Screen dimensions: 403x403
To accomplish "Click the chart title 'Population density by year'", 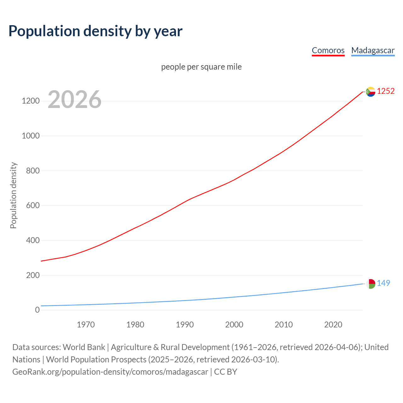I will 95,31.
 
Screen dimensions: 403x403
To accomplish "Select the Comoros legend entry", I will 328,50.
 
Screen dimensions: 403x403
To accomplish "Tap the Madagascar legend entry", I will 373,50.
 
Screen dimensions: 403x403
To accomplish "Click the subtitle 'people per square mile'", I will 201,67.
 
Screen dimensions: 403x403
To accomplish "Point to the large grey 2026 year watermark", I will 75,99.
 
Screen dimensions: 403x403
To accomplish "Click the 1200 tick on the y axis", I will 31,101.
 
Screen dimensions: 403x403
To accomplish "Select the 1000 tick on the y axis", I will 31,136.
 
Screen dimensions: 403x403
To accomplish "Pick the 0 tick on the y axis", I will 37,310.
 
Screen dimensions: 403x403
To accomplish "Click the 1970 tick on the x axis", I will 86,325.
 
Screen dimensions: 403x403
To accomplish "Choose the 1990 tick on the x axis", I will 185,325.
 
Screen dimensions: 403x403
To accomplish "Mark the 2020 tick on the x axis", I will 333,325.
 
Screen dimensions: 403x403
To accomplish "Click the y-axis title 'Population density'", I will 13,195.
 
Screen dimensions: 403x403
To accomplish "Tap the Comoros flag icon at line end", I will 371,92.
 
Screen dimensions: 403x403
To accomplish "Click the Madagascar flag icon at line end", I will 371,284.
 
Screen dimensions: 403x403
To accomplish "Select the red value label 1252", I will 386,91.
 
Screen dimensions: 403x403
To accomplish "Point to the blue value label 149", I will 383,283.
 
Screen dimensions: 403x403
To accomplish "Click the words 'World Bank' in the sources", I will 84,347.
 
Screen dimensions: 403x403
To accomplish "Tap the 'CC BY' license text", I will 225,372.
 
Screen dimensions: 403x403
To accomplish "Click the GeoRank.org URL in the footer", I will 110,372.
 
